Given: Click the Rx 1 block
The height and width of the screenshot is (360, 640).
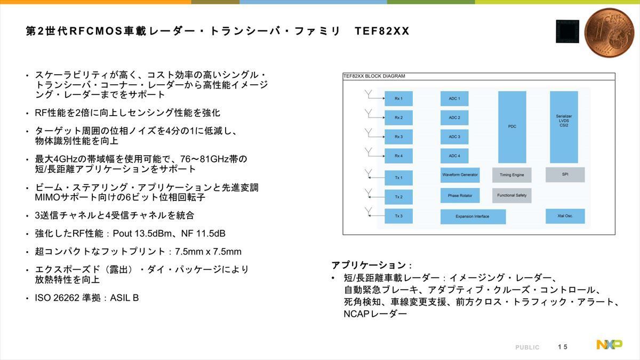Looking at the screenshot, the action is click(x=398, y=99).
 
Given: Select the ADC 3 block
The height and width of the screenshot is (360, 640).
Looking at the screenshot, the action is click(x=454, y=137).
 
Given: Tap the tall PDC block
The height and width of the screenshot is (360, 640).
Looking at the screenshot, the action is click(x=512, y=127).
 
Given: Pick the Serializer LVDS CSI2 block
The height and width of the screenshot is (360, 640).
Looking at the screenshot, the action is click(x=564, y=127).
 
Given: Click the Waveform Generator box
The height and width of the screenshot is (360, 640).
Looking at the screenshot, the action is click(x=460, y=175).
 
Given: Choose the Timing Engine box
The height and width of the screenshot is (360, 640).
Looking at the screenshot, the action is click(x=511, y=175).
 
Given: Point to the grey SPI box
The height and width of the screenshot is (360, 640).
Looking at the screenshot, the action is click(x=565, y=174).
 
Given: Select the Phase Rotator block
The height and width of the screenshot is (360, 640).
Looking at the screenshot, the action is click(x=460, y=195).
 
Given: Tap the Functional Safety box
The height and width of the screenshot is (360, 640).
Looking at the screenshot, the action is click(x=511, y=195).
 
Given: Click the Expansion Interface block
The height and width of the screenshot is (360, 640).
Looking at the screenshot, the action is click(x=473, y=217).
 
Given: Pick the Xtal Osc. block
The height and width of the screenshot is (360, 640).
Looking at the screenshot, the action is click(x=565, y=216).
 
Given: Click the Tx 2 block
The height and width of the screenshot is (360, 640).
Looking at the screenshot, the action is click(x=398, y=197).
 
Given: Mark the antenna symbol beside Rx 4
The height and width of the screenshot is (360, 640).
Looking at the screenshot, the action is click(x=369, y=151).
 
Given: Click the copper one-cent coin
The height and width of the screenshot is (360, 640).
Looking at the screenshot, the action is click(x=609, y=33).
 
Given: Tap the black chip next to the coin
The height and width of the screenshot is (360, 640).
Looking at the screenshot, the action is click(x=567, y=31).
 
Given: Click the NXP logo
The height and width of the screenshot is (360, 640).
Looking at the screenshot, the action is click(x=610, y=345).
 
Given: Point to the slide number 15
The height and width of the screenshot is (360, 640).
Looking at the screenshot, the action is click(x=563, y=347).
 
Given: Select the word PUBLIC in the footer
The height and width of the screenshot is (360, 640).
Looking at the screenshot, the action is click(x=527, y=347).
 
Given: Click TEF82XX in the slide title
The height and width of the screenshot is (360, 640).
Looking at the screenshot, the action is click(x=382, y=31).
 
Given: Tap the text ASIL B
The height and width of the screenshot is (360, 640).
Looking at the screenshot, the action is click(x=124, y=298).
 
